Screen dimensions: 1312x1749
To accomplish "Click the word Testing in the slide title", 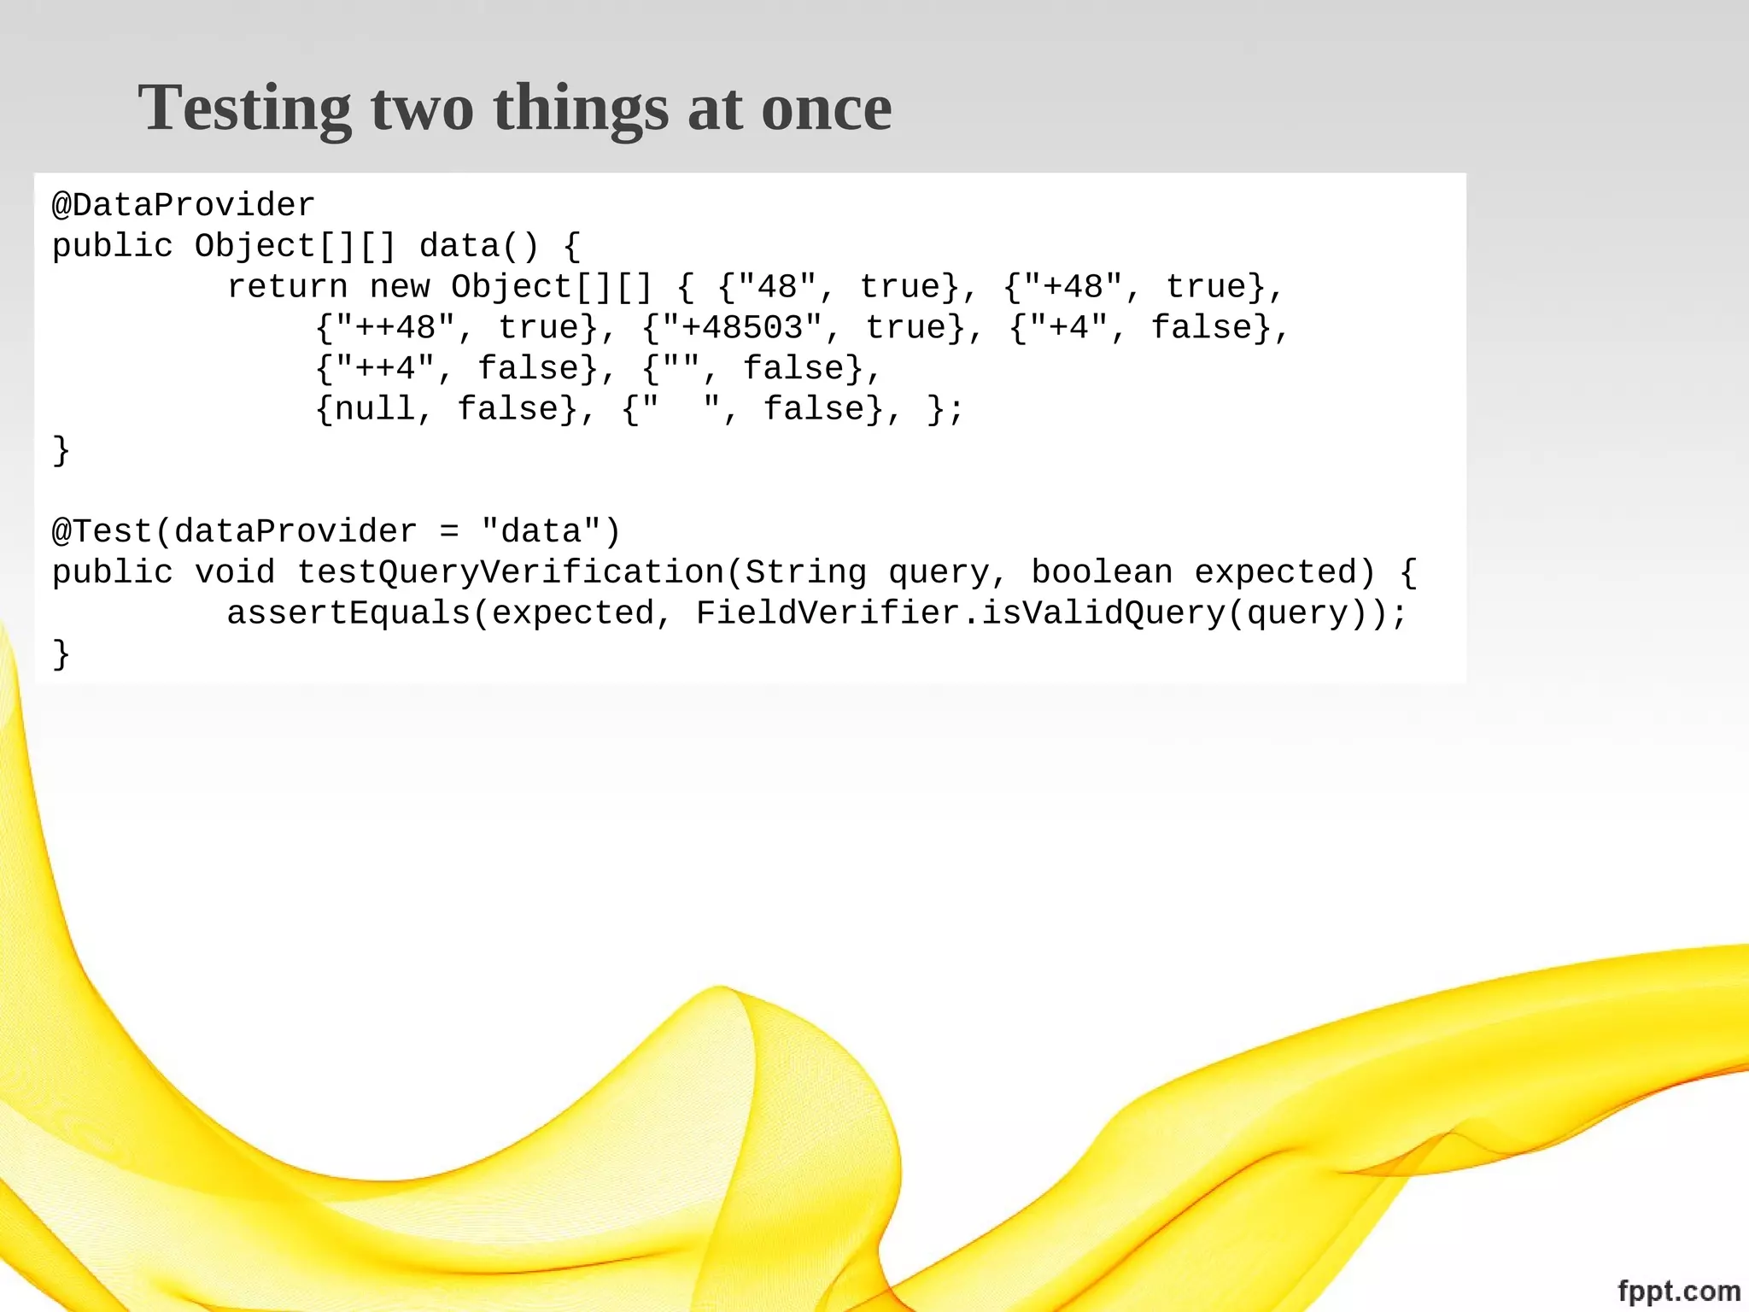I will (x=244, y=108).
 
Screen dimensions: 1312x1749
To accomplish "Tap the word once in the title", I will (x=826, y=108).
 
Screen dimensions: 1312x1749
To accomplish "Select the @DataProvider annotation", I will (x=184, y=205).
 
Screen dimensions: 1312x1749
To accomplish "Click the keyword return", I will (x=287, y=287).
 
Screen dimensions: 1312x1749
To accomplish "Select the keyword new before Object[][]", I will (x=399, y=287).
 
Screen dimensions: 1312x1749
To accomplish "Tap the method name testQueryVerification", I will (x=511, y=572).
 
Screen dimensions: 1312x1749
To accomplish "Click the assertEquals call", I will (x=348, y=613).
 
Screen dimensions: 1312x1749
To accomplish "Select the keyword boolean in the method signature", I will (x=1102, y=572).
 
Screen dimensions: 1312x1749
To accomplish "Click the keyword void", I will (x=235, y=572).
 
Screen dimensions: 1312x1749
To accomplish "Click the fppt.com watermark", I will (x=1678, y=1291).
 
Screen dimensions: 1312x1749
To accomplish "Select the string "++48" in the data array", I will (x=395, y=327).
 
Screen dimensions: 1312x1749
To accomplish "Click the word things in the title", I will (x=581, y=108).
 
